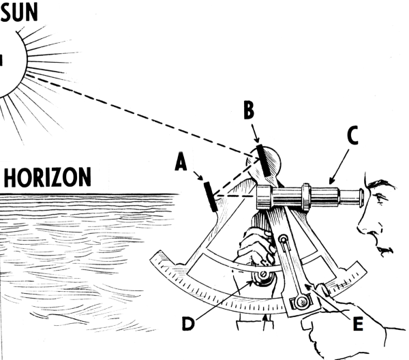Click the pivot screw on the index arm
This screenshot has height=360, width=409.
tap(283, 239)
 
